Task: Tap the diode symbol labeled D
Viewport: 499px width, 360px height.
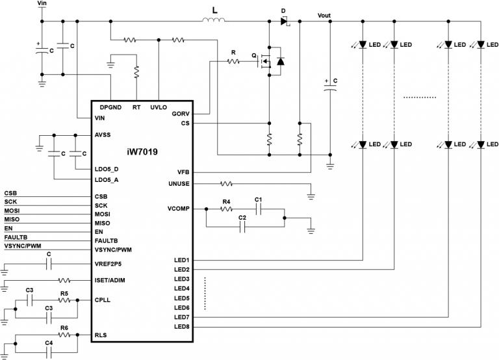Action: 285,21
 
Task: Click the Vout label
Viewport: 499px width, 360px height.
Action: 327,14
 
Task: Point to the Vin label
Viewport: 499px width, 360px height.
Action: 43,3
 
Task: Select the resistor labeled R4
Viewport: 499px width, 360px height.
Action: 226,209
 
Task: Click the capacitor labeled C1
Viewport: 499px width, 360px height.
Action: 258,209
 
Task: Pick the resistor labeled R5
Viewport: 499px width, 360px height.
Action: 64,300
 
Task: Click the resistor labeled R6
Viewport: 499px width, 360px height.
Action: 64,335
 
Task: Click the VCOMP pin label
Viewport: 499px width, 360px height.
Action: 178,209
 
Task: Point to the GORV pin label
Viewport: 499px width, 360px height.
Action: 181,114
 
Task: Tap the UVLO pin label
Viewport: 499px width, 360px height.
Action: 159,107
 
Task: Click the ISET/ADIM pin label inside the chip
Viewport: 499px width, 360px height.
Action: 110,281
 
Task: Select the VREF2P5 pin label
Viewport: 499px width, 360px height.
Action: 108,264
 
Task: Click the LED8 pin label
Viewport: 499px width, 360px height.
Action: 181,326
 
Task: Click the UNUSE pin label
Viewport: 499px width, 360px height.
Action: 179,185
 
